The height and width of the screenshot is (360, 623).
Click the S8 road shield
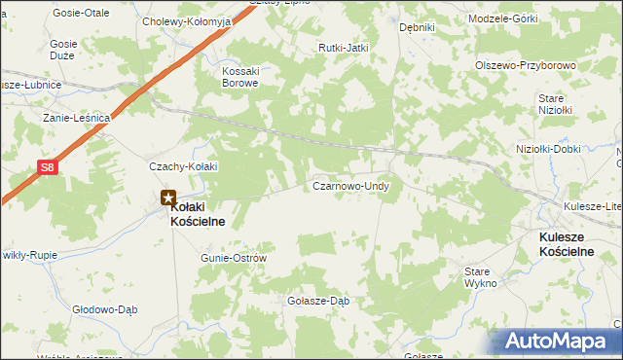point(47,167)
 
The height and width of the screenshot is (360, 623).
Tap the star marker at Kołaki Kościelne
point(169,198)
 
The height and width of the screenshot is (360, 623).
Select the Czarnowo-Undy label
point(350,185)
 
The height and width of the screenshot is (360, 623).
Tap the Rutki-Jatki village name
point(342,48)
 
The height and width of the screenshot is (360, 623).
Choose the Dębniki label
point(417,27)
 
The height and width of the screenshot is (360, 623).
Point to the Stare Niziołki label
point(553,104)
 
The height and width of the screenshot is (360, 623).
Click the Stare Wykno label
point(480,276)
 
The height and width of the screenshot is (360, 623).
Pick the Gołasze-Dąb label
point(317,301)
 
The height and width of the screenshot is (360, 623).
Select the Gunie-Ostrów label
point(233,258)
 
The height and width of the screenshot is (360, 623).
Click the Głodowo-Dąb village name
point(102,309)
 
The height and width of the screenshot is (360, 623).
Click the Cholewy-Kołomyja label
point(186,20)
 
